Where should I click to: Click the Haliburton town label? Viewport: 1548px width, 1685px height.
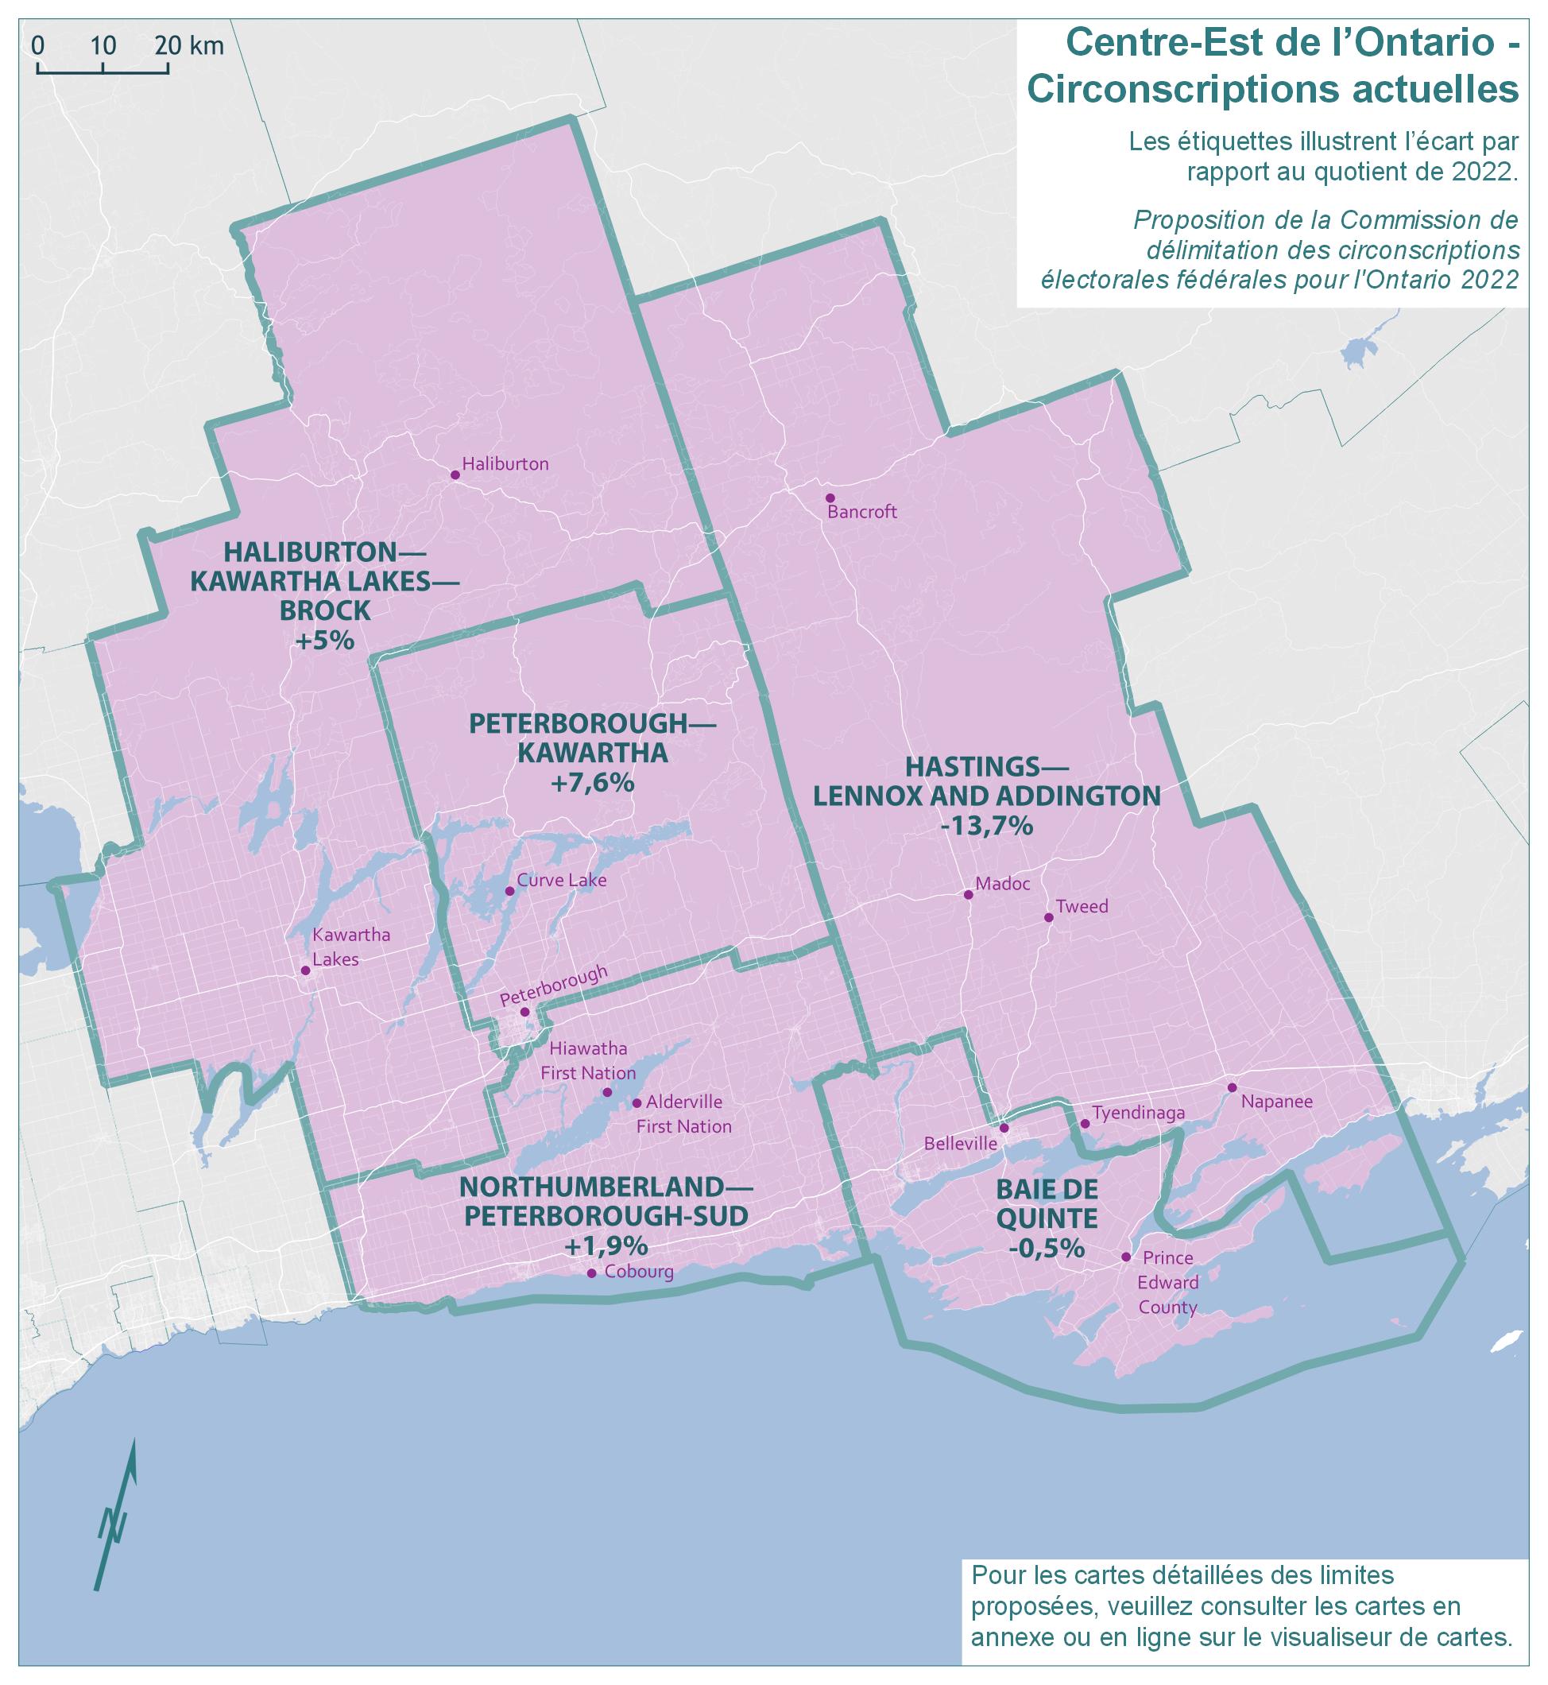pyautogui.click(x=505, y=464)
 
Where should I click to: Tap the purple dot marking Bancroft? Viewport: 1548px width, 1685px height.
pyautogui.click(x=830, y=498)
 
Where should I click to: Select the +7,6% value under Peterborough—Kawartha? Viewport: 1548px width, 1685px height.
pyautogui.click(x=592, y=783)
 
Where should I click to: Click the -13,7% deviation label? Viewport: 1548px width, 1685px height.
pyautogui.click(x=987, y=826)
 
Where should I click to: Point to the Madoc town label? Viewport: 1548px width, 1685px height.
pyautogui.click(x=1003, y=883)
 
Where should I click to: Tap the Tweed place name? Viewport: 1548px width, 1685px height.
pyautogui.click(x=1082, y=906)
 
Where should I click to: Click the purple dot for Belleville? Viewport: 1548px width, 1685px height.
pyautogui.click(x=1004, y=1128)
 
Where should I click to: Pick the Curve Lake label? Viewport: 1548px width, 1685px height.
pyautogui.click(x=560, y=880)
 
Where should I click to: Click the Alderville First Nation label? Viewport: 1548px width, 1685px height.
pyautogui.click(x=683, y=1114)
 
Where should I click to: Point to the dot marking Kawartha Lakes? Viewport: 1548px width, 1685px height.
pyautogui.click(x=306, y=970)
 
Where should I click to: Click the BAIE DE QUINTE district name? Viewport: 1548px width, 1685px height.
pyautogui.click(x=1047, y=1203)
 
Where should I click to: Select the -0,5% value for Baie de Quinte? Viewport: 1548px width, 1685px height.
pyautogui.click(x=1047, y=1248)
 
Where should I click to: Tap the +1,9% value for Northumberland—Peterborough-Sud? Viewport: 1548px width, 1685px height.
pyautogui.click(x=606, y=1245)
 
